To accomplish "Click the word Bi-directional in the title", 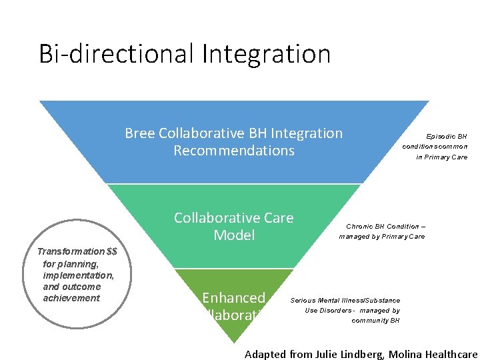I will point(114,54).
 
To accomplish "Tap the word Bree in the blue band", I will point(140,133).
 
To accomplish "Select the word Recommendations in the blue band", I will point(234,151).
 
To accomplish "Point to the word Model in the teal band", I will point(234,235).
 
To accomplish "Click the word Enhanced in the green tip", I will point(234,298).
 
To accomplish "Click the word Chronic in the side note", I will point(359,227).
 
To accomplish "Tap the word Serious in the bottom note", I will point(303,301).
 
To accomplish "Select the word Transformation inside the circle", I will point(71,251).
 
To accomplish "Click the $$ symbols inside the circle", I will point(112,251).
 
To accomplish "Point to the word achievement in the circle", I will point(71,298).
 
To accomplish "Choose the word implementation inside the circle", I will point(78,275).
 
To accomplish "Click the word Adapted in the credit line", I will point(265,354).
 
